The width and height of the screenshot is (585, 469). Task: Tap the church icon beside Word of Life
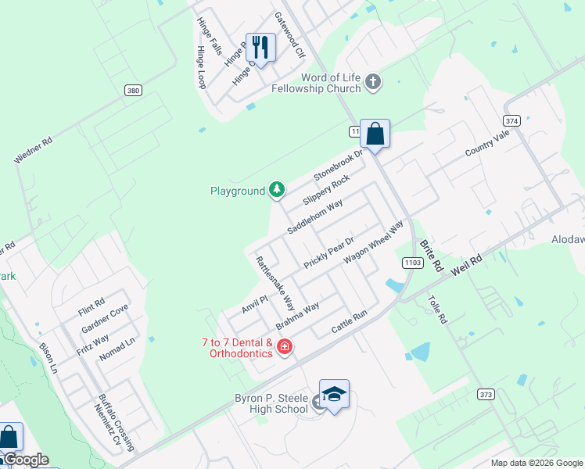coord(373,81)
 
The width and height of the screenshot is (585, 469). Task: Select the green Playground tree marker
coord(276,189)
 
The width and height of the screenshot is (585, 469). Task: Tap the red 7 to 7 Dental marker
coord(285,347)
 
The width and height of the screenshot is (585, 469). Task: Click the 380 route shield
coord(133,91)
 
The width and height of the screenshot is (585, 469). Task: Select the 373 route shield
coord(486,394)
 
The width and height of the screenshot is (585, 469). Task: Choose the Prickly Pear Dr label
coord(329,252)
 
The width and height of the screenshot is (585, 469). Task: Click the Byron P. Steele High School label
coord(271,403)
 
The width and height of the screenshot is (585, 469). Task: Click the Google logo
coord(25,460)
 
